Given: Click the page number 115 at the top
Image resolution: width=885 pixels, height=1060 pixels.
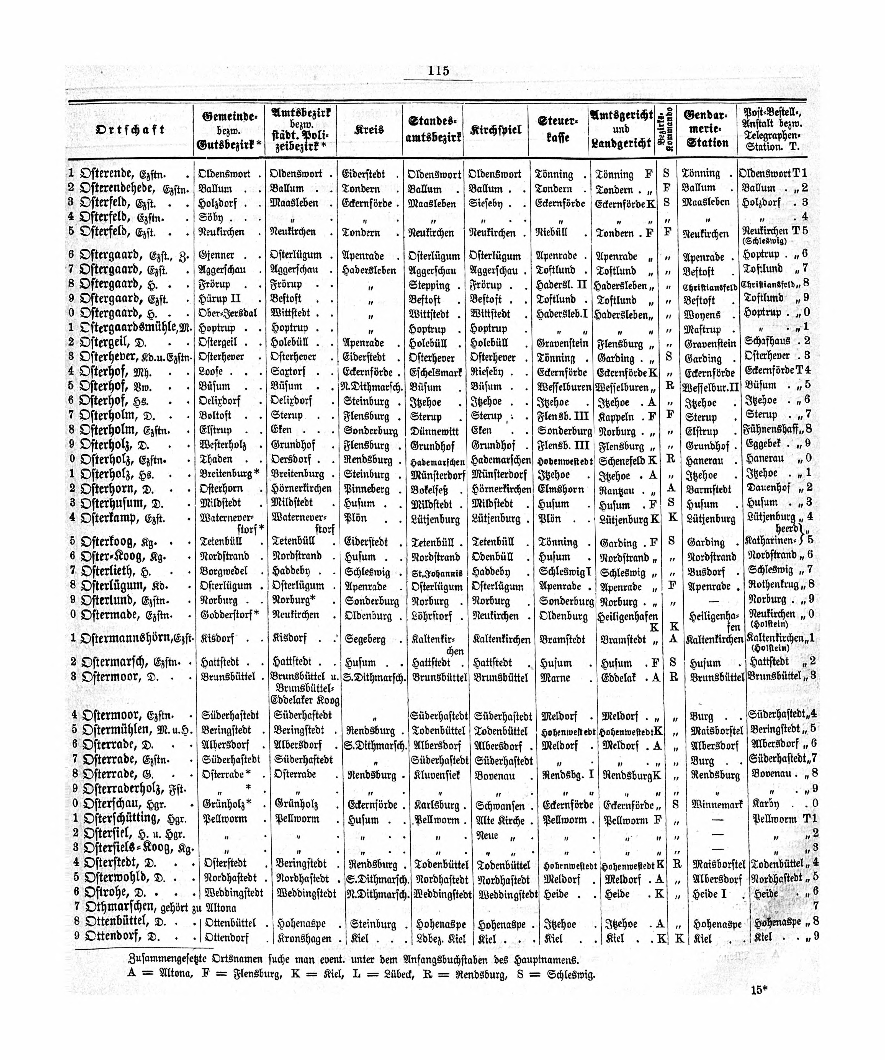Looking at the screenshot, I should (438, 71).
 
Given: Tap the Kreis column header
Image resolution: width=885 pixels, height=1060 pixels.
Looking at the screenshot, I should (370, 130).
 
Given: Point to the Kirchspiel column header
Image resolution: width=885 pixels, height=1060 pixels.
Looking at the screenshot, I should (495, 130).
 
